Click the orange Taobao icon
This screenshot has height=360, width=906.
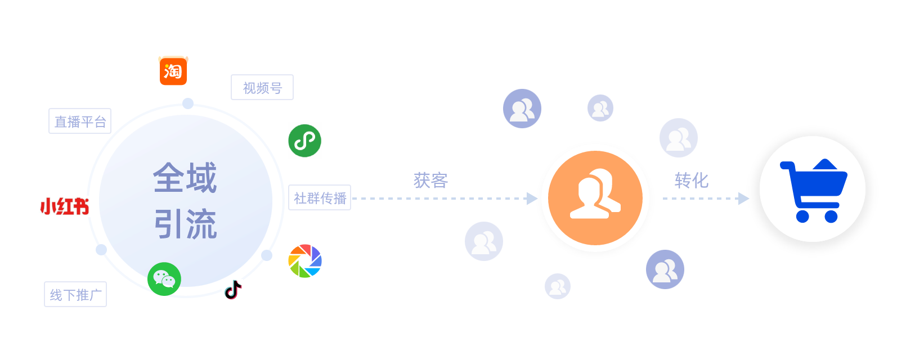pyautogui.click(x=173, y=71)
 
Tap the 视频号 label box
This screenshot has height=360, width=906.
pyautogui.click(x=262, y=87)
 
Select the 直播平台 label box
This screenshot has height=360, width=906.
pyautogui.click(x=80, y=121)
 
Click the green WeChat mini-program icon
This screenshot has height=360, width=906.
pyautogui.click(x=304, y=140)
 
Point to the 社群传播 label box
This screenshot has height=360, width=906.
pyautogui.click(x=320, y=197)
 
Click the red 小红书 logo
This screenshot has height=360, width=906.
pyautogui.click(x=64, y=206)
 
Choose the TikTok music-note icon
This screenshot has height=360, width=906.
pyautogui.click(x=232, y=290)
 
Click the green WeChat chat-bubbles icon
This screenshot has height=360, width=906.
pyautogui.click(x=164, y=279)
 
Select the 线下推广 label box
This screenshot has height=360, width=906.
pyautogui.click(x=75, y=294)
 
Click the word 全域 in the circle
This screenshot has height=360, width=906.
pyautogui.click(x=185, y=178)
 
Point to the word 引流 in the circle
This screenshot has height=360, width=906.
pyautogui.click(x=185, y=224)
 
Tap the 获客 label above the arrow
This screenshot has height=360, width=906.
pyautogui.click(x=430, y=180)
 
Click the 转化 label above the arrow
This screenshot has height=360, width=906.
pyautogui.click(x=691, y=180)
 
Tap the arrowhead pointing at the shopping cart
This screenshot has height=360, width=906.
pyautogui.click(x=743, y=199)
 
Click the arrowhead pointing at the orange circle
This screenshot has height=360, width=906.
pyautogui.click(x=532, y=199)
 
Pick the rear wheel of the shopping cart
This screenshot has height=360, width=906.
pyautogui.click(x=803, y=216)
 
